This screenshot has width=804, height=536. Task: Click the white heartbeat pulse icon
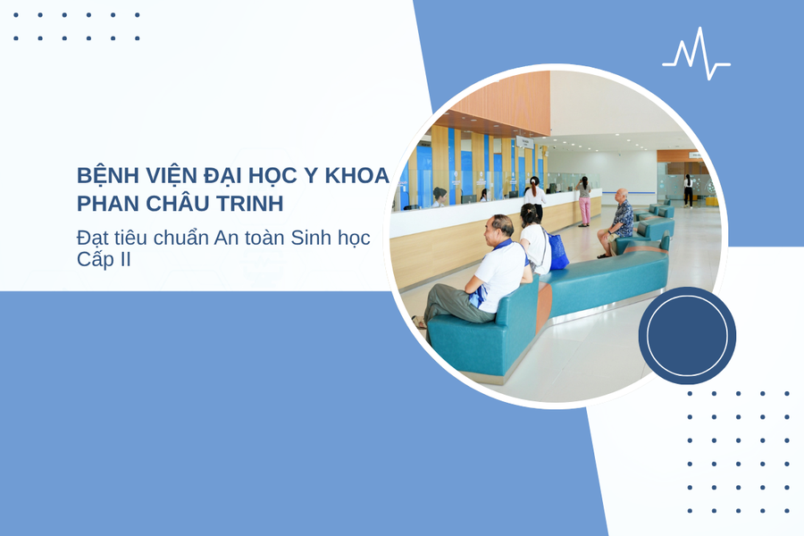tap(696, 55)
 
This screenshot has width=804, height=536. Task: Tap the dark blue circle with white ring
tap(687, 336)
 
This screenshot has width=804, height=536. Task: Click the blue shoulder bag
tap(557, 252)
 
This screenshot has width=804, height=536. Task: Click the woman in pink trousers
tap(583, 202)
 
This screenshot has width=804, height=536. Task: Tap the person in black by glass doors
tap(688, 189)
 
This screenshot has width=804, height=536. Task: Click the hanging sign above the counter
tap(525, 141)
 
